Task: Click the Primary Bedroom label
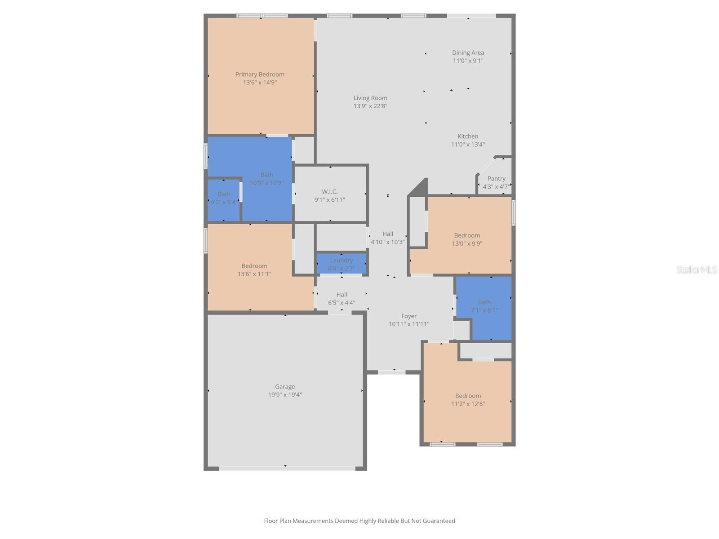260,75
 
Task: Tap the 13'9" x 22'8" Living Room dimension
370,106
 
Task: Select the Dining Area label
468,53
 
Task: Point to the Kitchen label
468,136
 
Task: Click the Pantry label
496,178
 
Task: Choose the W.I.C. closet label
329,191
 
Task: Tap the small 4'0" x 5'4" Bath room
224,198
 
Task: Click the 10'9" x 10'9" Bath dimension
266,183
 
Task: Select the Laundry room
341,264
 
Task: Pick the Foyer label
409,316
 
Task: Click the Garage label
285,386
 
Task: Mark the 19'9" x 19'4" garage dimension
285,395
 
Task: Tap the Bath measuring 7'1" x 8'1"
484,306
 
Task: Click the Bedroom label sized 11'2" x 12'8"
468,396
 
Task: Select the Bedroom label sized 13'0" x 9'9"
467,235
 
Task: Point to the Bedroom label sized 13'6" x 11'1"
254,266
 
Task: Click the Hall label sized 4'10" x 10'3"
387,234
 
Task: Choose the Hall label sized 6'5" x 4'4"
342,295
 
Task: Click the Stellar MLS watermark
696,269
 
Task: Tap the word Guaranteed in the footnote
439,521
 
